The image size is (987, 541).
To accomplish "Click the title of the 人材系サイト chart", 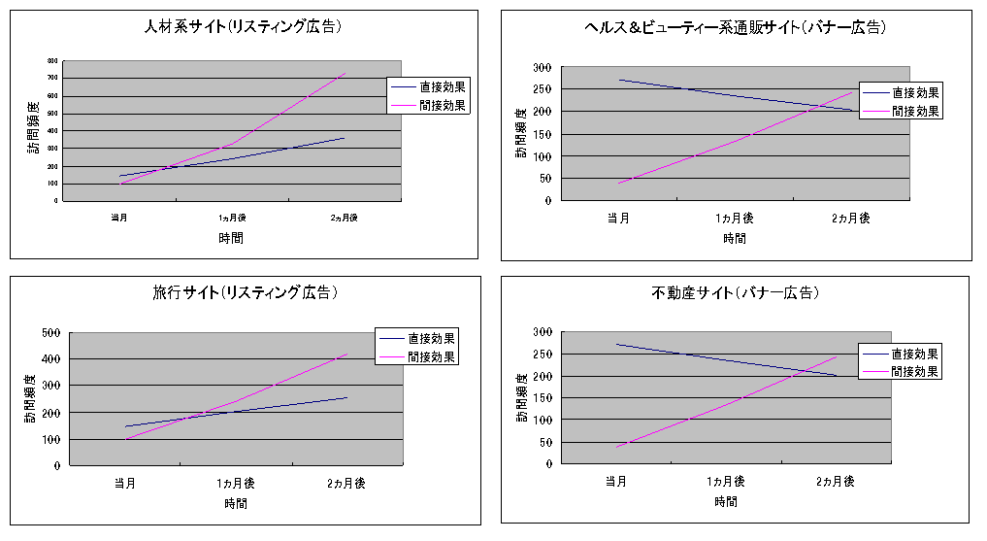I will point(242,27).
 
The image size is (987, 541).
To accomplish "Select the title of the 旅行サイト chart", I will point(245,291).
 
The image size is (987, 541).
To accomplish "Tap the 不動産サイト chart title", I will point(735,292).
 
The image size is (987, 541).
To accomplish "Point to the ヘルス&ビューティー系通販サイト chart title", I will point(735,28).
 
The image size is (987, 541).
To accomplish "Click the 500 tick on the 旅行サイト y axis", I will point(50,332).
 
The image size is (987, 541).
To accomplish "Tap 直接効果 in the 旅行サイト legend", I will point(432,339).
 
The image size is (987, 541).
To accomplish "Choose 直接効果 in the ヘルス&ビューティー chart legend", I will point(916,93).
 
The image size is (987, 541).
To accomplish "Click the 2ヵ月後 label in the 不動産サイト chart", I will point(835,481).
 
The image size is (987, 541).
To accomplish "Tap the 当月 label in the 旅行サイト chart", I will point(124,483).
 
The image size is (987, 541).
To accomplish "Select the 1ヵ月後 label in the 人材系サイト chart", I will point(230,218).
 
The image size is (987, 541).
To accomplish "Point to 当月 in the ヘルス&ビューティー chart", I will point(618,218).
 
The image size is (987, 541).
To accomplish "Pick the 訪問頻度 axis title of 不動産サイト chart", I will point(521,398).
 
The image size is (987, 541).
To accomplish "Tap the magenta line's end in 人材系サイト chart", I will point(345,73).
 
